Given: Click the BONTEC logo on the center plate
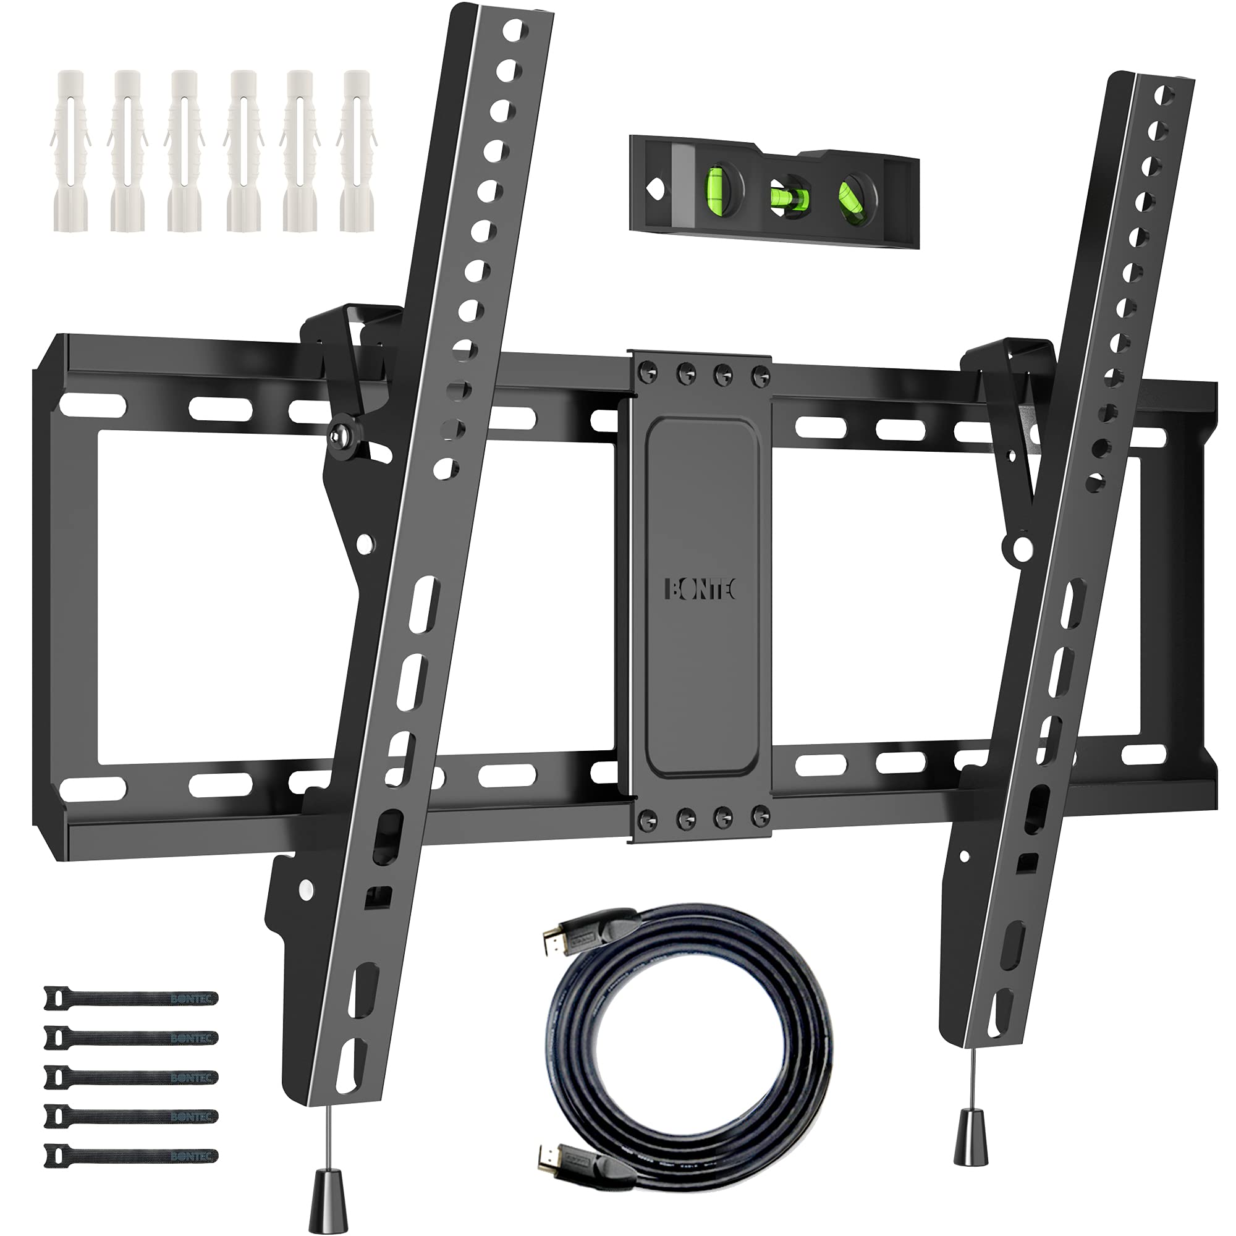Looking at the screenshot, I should click(x=701, y=589).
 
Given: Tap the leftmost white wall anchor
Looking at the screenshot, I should click(x=70, y=150).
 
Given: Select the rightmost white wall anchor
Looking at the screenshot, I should click(x=357, y=150).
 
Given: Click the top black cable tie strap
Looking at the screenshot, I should click(x=131, y=998).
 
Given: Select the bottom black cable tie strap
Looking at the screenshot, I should click(x=131, y=1155).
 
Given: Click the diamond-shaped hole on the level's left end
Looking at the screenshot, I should click(x=655, y=189).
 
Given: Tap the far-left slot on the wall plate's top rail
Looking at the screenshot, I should click(x=93, y=405).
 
